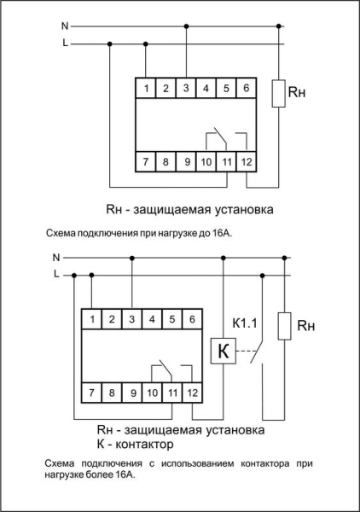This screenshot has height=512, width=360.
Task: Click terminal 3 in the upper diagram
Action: click(x=186, y=89)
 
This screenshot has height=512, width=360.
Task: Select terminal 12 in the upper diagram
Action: click(x=247, y=160)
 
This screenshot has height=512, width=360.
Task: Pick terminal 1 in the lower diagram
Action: click(x=90, y=319)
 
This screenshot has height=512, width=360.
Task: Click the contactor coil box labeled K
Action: click(x=223, y=351)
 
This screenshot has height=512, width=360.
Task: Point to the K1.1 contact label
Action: click(x=245, y=323)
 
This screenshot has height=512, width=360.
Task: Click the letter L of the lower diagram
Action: click(x=56, y=274)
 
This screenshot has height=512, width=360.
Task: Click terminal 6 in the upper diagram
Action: click(x=246, y=89)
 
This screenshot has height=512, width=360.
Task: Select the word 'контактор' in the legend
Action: click(x=144, y=445)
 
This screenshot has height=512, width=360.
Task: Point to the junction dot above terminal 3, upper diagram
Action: click(x=186, y=26)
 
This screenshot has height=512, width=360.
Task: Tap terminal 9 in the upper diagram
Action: click(x=186, y=160)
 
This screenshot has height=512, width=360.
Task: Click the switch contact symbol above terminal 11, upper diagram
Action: click(x=220, y=137)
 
